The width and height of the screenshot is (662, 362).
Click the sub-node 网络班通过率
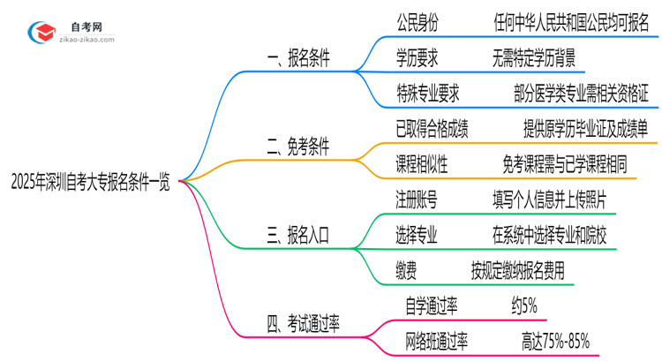point(436,340)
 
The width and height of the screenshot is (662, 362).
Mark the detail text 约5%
point(523,305)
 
